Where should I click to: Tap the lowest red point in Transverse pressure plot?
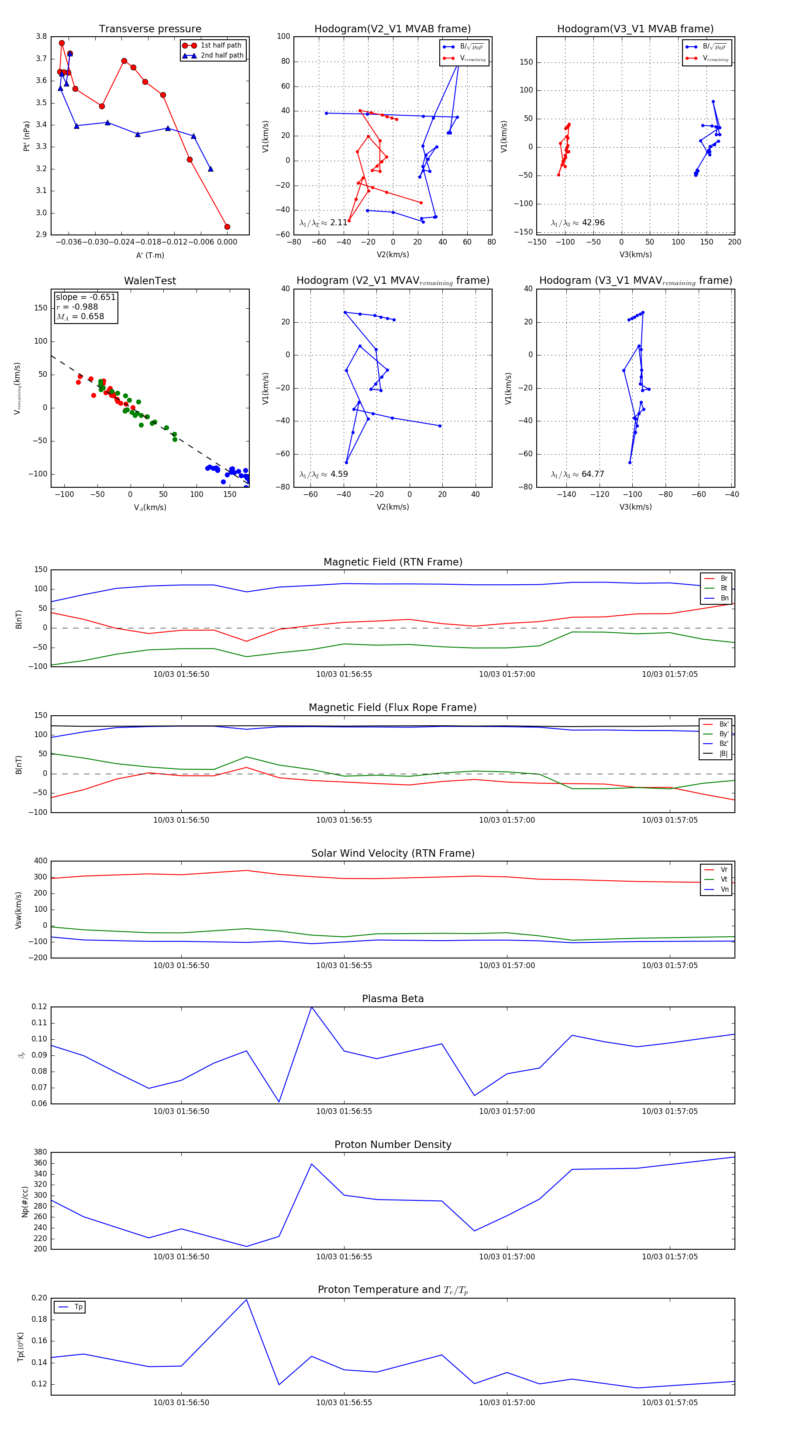coord(227,227)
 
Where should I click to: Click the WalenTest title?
coord(150,281)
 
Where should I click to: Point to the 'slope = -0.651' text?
coord(86,297)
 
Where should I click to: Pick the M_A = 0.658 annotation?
coord(80,317)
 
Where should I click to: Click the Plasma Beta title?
coord(393,999)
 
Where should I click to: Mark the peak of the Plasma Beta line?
coord(312,1007)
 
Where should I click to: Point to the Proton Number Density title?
coord(393,1145)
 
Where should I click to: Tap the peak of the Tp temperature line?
coord(246,1300)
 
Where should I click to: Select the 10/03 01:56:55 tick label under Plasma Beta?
coord(344,1111)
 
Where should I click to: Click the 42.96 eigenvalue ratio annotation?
coord(593,223)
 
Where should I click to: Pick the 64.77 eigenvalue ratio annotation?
coord(593,474)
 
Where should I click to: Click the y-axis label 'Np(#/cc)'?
coord(24,1201)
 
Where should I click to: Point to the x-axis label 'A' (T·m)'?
coord(150,255)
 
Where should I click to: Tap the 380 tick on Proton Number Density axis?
coord(40,1152)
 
